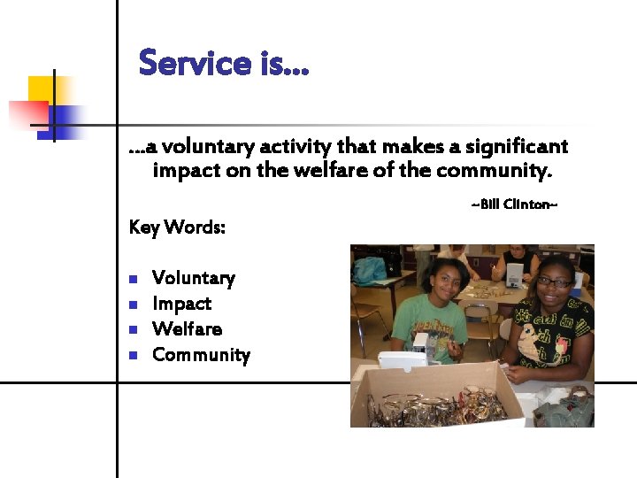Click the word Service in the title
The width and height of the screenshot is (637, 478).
coord(196,64)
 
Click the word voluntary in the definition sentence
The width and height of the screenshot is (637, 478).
coord(205,146)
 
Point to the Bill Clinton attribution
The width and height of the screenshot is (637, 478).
coord(514,205)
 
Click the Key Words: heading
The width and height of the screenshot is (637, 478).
coord(177,227)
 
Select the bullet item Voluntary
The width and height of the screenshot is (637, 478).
coord(194,278)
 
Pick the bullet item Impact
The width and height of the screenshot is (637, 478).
coord(181,304)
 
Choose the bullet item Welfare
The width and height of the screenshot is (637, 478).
coord(187,329)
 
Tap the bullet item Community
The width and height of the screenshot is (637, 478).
coord(201,355)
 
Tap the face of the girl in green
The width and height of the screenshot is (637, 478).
coord(446,281)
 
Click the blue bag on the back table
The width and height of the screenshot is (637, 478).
coord(370,268)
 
